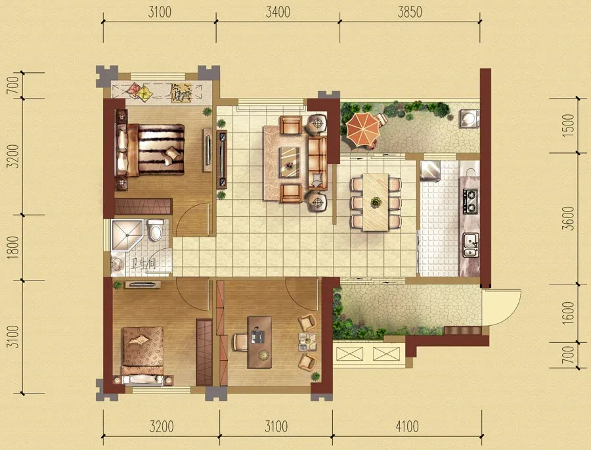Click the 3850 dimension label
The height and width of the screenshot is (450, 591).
(x=410, y=12)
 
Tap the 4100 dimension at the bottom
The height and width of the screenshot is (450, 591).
(x=407, y=426)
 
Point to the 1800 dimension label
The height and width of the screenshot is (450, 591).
(x=13, y=248)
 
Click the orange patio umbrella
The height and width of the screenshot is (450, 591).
(x=362, y=129)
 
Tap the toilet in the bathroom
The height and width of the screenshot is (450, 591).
(x=155, y=230)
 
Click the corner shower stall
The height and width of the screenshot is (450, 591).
(x=127, y=235)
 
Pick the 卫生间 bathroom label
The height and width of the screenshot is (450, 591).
(x=143, y=263)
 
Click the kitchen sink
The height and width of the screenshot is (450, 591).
(x=471, y=245)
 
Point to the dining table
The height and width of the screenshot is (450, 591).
(x=376, y=202)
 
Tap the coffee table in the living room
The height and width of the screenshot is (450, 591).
(x=290, y=162)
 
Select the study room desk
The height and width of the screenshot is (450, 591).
(x=259, y=342)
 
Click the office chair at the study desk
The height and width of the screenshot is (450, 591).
(x=240, y=342)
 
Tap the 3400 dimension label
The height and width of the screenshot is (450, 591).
(x=278, y=12)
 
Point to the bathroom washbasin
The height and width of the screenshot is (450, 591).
(x=118, y=263)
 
